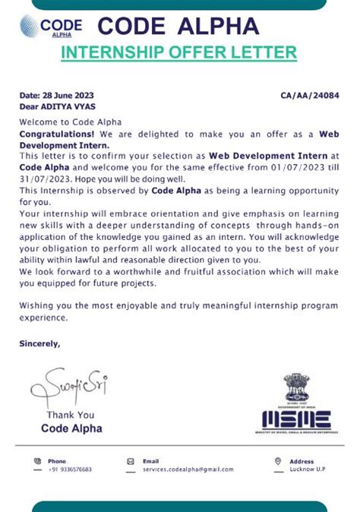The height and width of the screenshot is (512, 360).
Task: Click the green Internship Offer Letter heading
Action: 178,52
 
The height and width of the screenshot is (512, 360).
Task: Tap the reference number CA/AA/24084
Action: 309,96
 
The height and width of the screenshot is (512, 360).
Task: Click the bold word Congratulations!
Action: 58,133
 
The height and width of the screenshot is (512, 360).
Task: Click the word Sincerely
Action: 39,343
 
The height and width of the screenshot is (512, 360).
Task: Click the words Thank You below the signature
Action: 71,415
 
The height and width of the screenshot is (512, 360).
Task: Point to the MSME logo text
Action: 296,418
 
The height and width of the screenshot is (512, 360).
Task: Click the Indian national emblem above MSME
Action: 296,387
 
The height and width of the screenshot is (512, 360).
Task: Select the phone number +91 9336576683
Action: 70,469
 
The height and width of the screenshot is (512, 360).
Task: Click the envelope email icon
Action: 130,461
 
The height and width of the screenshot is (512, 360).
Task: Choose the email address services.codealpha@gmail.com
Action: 188,469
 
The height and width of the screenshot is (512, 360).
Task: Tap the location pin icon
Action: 277,461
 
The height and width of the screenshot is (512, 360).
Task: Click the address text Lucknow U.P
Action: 307,469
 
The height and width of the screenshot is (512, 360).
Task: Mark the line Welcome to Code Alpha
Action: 70,122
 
